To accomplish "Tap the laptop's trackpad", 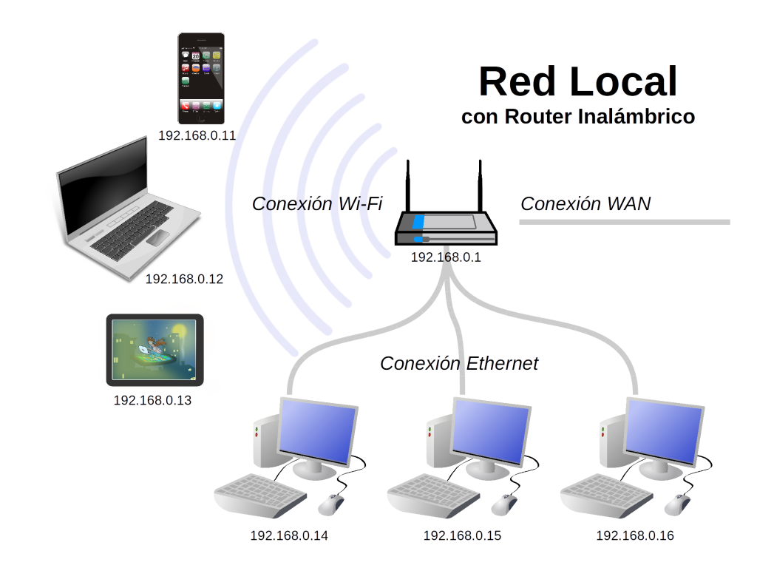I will (157, 237).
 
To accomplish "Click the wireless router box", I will (446, 227).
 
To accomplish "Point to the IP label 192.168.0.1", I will (446, 257).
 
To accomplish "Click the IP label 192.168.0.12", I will (184, 279).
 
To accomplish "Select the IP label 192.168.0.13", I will (152, 400).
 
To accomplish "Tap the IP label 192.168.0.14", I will (289, 535).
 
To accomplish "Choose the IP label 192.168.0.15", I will (462, 535).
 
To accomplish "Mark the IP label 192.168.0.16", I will (635, 535).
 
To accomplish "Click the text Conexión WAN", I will (585, 204).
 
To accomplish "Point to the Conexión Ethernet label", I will (459, 363).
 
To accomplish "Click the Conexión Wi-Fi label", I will (317, 204).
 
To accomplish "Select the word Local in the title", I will (624, 82).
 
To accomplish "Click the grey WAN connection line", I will (625, 222).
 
